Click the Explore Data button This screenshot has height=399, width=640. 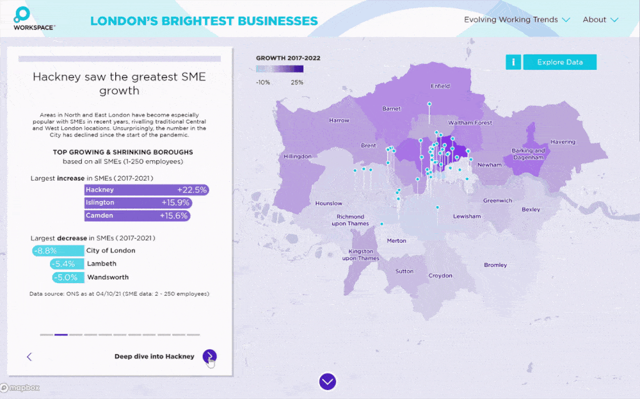point(560,62)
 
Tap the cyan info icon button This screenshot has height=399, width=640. point(513,62)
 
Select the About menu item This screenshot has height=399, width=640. point(600,20)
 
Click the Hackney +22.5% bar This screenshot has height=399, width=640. point(147,190)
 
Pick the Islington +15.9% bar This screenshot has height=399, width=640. point(138,202)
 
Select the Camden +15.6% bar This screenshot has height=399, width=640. point(138,216)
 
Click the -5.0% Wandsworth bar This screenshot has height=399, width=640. point(68,277)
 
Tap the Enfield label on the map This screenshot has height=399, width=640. point(440,86)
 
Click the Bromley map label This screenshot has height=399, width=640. point(495,265)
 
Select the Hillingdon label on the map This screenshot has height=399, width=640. point(298,156)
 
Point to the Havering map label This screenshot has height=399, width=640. point(563,142)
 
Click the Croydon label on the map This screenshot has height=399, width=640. point(440,276)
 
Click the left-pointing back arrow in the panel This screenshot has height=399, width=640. point(29,357)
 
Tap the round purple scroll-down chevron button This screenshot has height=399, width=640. point(328,382)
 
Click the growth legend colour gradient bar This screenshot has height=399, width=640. point(280,69)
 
